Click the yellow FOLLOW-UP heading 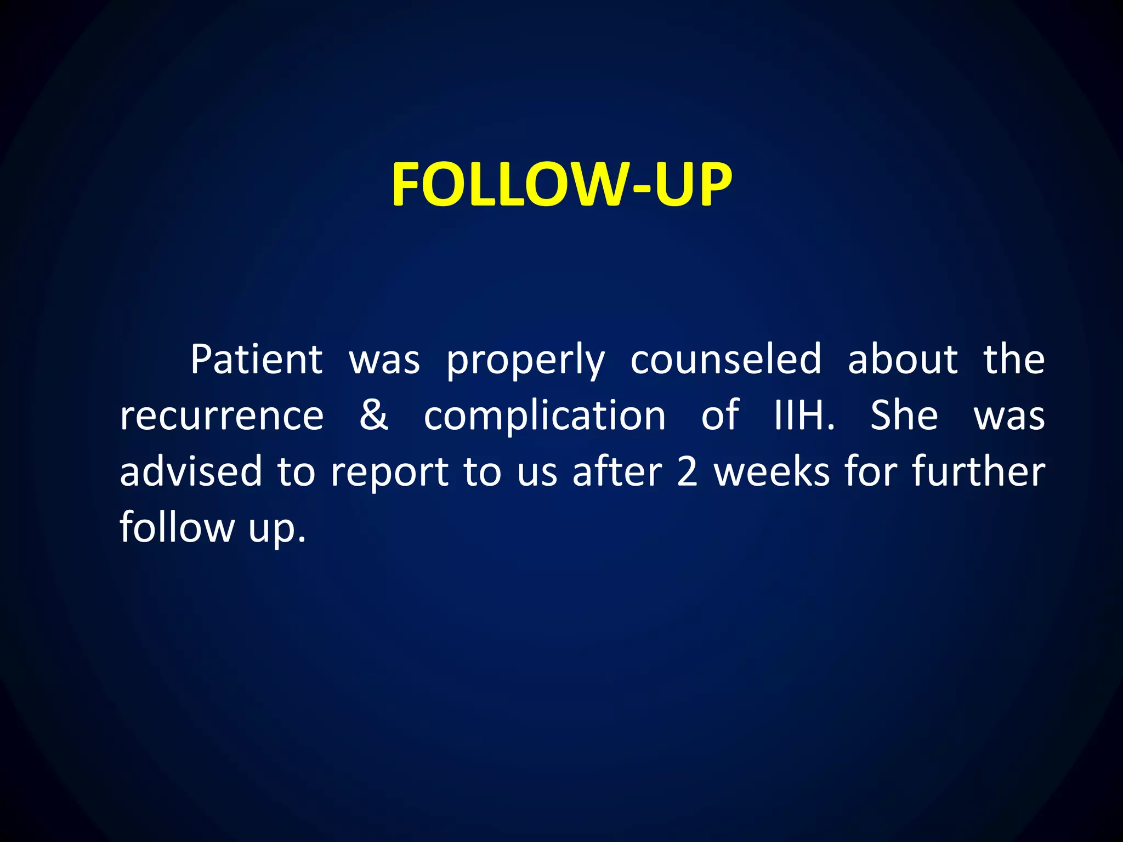[x=561, y=185]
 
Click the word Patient [x=256, y=360]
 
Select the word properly [x=525, y=362]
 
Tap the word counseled [x=725, y=360]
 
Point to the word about [x=903, y=360]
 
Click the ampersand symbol [x=374, y=415]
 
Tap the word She [x=904, y=415]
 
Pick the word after [x=617, y=471]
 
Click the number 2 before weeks [x=687, y=471]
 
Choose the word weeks [x=772, y=471]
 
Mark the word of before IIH [x=720, y=415]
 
